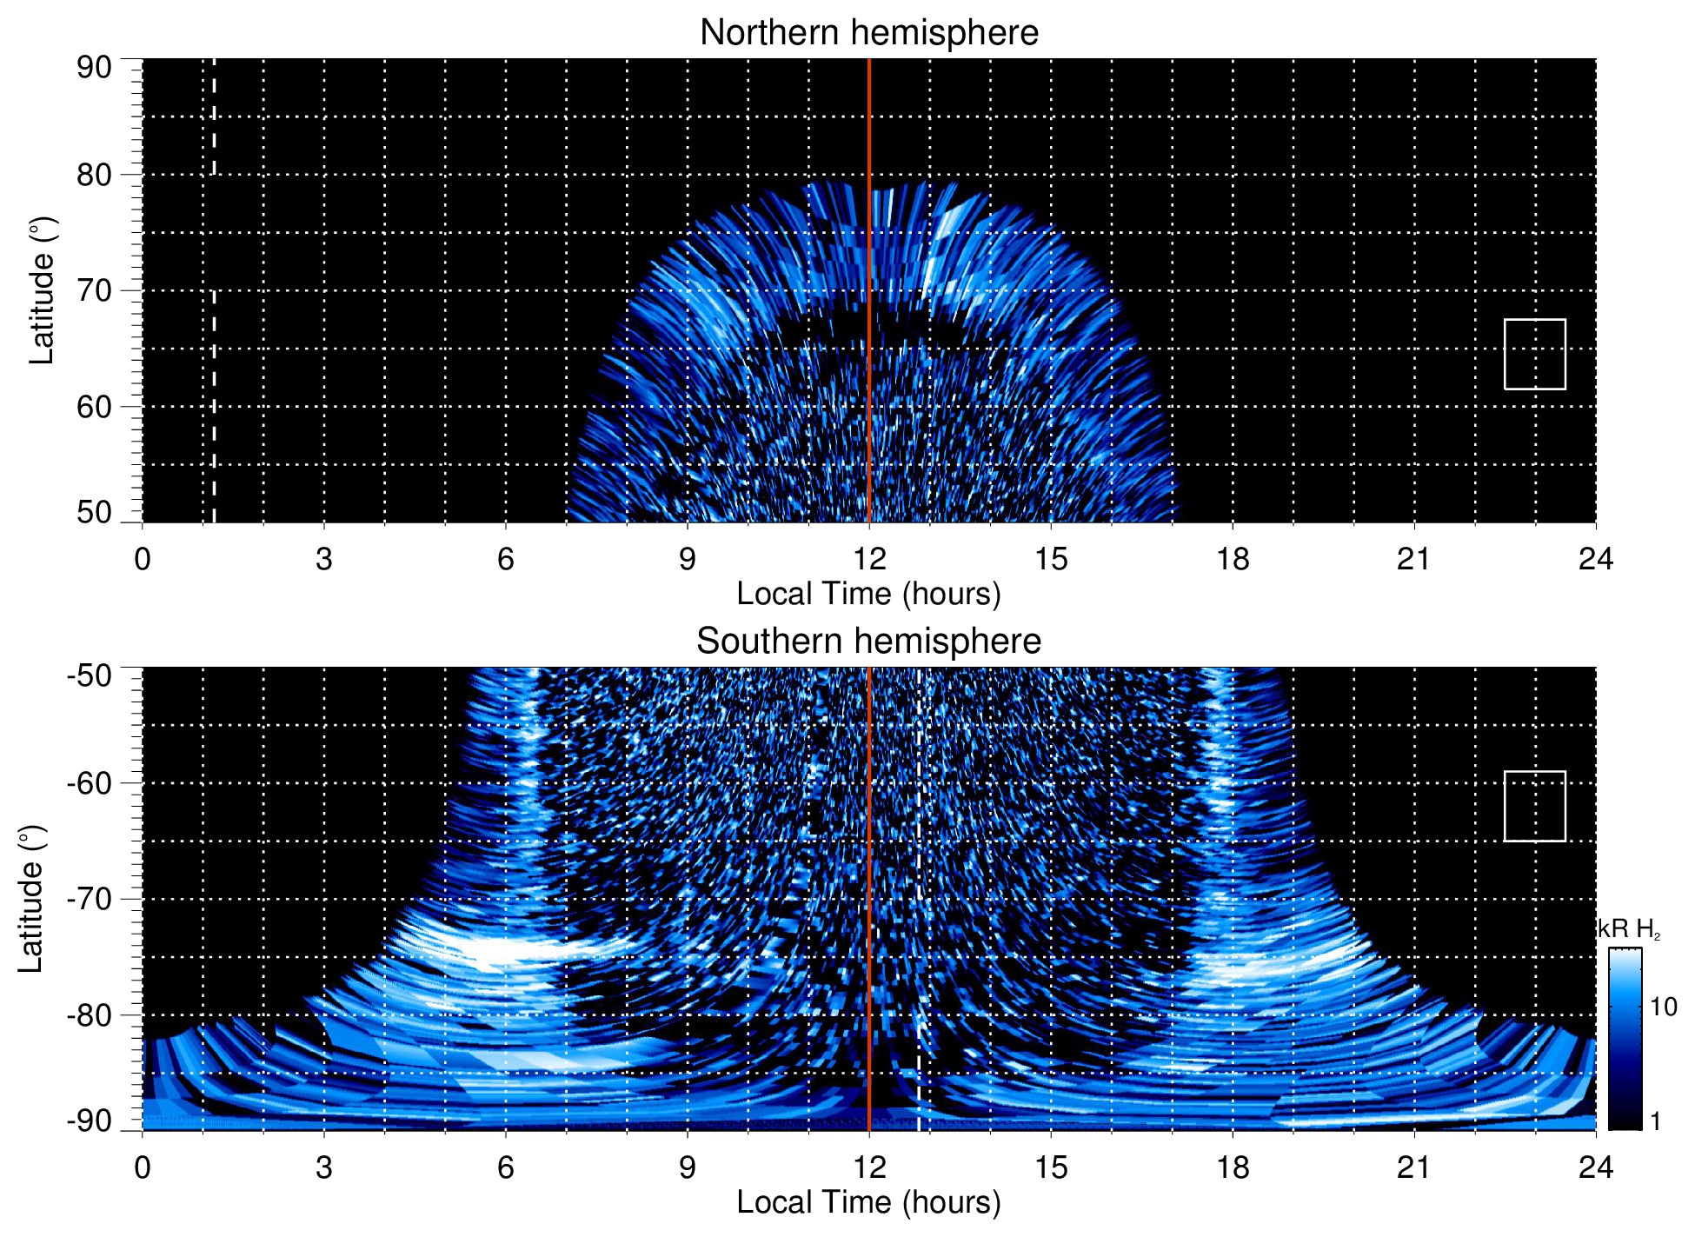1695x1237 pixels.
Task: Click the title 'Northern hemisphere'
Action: (x=868, y=33)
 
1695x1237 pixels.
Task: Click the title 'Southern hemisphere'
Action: (x=868, y=642)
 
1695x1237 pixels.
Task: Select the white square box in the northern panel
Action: (x=1534, y=354)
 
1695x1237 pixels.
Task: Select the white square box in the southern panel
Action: (x=1534, y=806)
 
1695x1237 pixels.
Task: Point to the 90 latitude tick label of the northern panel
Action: (x=94, y=68)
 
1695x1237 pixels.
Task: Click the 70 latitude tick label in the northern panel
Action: (x=94, y=290)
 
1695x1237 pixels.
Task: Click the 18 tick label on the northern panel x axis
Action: (x=1232, y=559)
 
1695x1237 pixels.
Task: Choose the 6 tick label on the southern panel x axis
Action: (x=505, y=1167)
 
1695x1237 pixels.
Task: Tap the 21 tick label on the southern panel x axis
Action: (x=1413, y=1167)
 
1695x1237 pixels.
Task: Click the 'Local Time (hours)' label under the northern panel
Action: (x=868, y=594)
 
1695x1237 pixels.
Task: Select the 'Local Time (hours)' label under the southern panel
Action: (x=868, y=1202)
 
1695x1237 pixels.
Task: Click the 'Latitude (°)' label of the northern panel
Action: (x=42, y=290)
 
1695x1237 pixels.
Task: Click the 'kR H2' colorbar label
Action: (x=1629, y=929)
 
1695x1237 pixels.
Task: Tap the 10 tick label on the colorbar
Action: (x=1663, y=1007)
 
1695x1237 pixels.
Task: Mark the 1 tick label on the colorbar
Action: (x=1655, y=1121)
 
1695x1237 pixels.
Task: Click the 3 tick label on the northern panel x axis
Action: (x=324, y=559)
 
